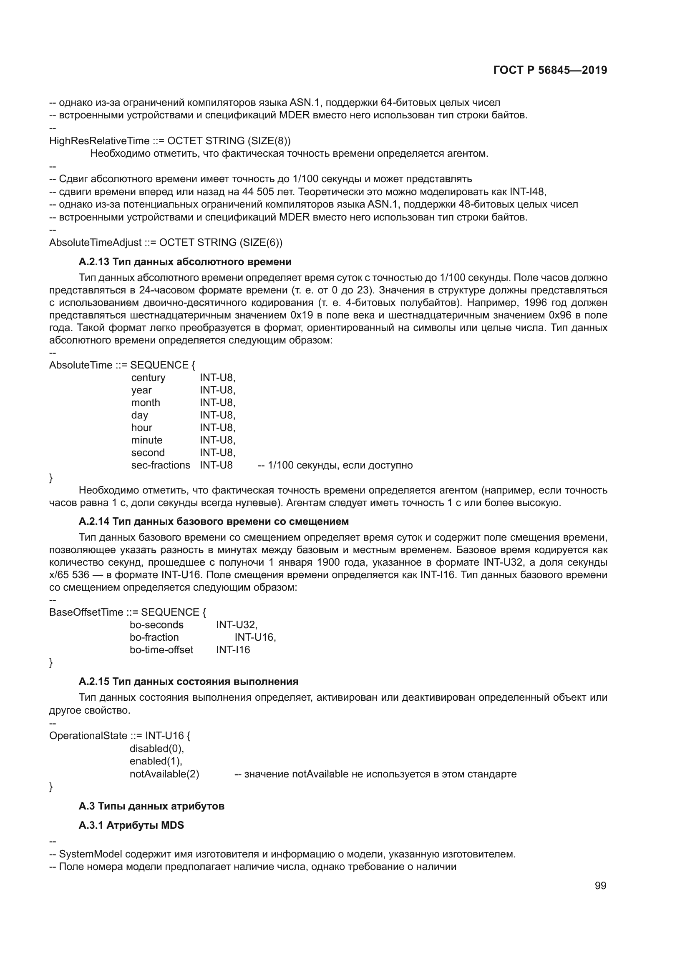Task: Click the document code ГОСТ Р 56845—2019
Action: click(550, 70)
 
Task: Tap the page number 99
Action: click(600, 885)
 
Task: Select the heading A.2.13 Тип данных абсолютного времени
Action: click(185, 262)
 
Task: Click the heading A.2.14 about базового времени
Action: click(213, 521)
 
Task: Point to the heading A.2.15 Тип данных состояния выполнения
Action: click(188, 682)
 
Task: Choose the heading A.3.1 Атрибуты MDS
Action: click(131, 825)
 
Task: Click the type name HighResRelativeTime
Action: click(99, 140)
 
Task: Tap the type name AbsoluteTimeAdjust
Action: click(95, 243)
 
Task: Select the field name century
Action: click(148, 378)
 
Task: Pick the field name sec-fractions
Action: click(161, 465)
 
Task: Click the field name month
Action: click(145, 403)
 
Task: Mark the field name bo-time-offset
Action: click(161, 650)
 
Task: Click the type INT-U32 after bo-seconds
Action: click(236, 625)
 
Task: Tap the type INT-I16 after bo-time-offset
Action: click(233, 650)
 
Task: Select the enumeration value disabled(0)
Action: click(157, 749)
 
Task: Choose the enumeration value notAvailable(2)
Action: click(164, 774)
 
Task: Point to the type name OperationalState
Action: click(88, 735)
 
